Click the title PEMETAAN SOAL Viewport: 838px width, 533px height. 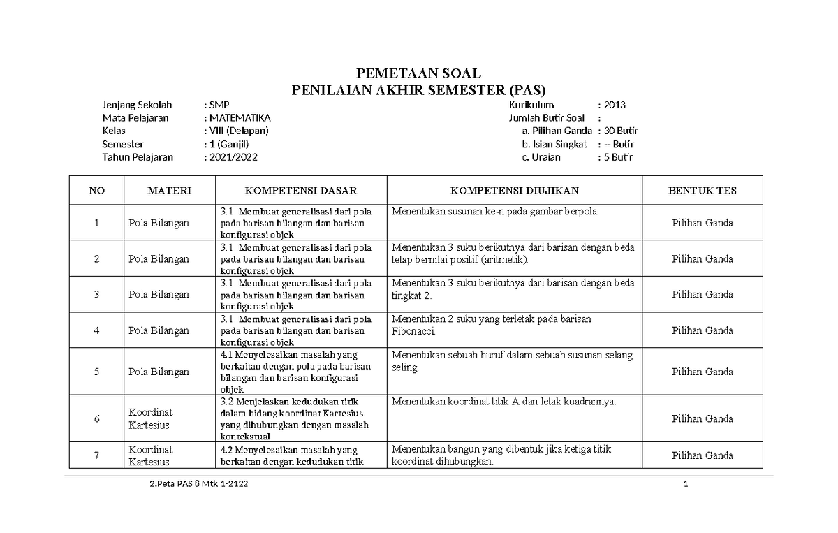pyautogui.click(x=419, y=73)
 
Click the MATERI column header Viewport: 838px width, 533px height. pyautogui.click(x=169, y=190)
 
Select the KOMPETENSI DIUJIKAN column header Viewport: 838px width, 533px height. pyautogui.click(x=514, y=190)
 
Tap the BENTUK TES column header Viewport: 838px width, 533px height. pyautogui.click(x=702, y=190)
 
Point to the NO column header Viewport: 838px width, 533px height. pyautogui.click(x=96, y=190)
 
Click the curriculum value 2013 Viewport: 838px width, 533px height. pyautogui.click(x=615, y=105)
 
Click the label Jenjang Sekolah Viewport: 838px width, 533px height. pyautogui.click(x=137, y=105)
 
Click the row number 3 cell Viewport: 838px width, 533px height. pyautogui.click(x=96, y=294)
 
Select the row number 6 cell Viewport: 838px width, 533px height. pyautogui.click(x=96, y=418)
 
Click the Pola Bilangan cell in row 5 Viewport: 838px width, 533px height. pyautogui.click(x=159, y=372)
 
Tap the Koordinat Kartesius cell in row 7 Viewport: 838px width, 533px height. pyautogui.click(x=150, y=455)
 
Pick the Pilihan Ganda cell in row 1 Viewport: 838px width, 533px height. pyautogui.click(x=702, y=223)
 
